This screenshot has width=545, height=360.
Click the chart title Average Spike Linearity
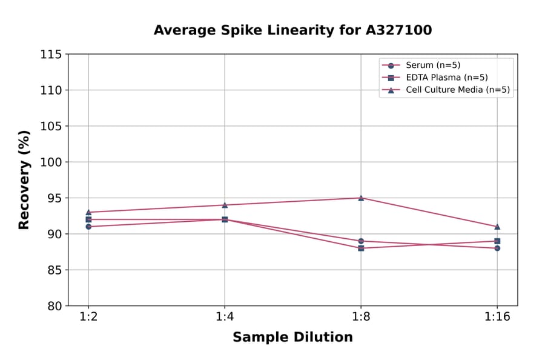[292, 30]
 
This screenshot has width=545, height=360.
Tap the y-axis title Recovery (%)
[24, 180]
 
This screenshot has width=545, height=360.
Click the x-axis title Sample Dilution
[292, 338]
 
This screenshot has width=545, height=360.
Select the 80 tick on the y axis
[54, 306]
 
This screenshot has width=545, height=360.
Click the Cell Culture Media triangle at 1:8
[361, 198]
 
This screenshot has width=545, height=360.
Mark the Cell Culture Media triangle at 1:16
[497, 227]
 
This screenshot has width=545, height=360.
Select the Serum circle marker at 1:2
[88, 227]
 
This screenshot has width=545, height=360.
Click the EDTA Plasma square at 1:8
[361, 248]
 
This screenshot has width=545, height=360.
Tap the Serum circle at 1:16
[497, 248]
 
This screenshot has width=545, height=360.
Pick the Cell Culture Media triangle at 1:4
[225, 205]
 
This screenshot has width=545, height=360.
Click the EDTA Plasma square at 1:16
[497, 241]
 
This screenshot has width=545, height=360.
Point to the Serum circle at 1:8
[361, 241]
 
